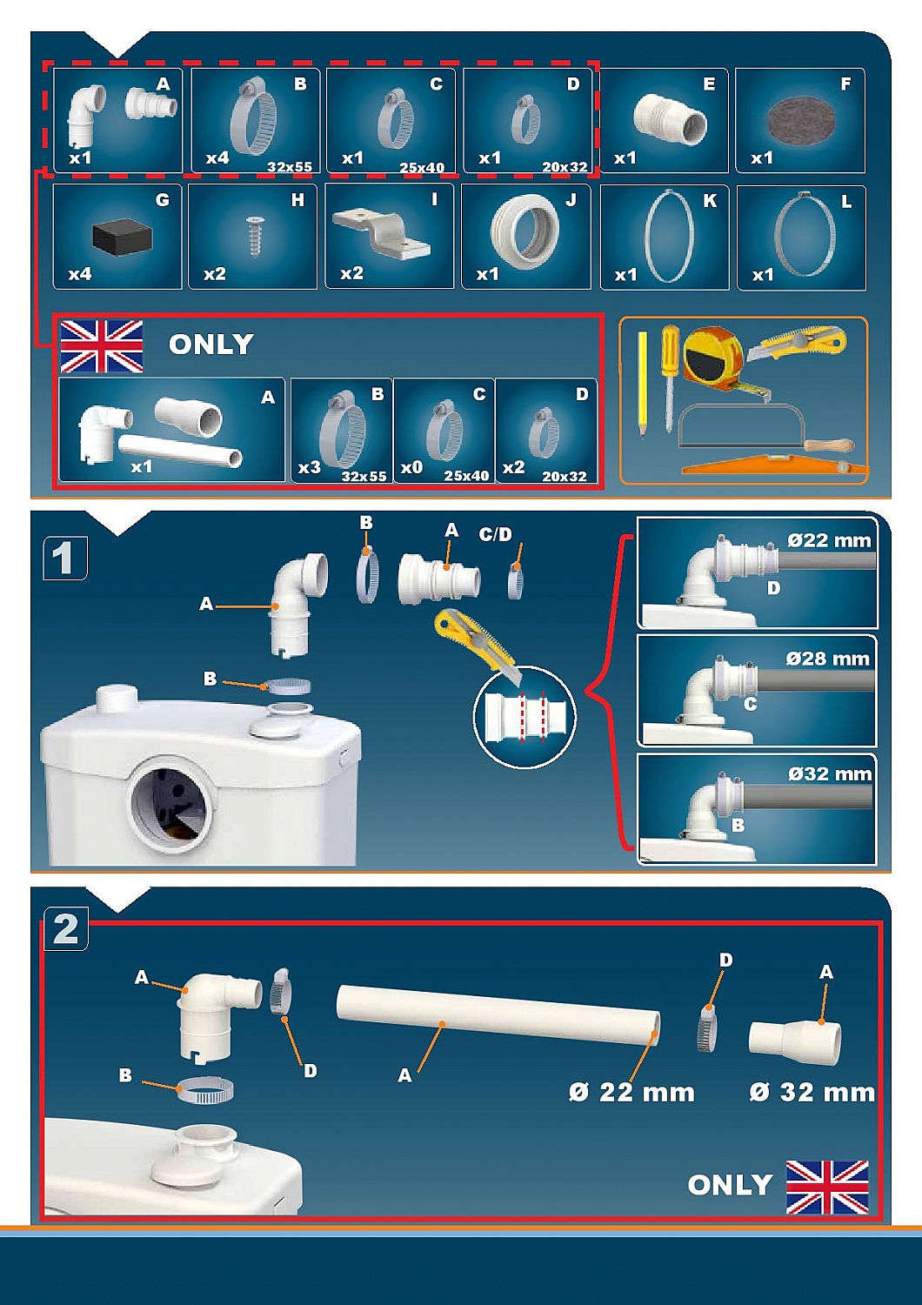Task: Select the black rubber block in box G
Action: [123, 237]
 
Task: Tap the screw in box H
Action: [255, 236]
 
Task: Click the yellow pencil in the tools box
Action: [642, 385]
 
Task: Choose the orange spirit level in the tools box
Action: [775, 465]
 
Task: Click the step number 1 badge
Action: [65, 559]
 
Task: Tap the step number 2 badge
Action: [66, 930]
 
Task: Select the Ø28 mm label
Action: [827, 659]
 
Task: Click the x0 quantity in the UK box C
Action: [411, 468]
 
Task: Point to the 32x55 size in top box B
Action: [290, 167]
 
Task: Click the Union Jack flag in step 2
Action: [827, 1180]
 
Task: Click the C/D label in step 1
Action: [495, 534]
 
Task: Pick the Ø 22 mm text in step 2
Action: [632, 1093]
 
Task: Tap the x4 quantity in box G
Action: [80, 274]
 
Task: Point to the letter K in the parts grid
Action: [710, 201]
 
